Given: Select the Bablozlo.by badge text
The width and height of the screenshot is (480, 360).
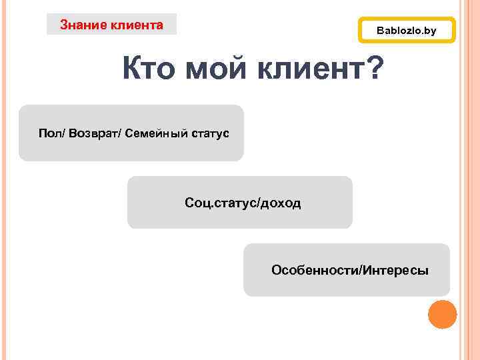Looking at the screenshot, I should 407,31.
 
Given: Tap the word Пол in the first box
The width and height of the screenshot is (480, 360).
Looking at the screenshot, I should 47,134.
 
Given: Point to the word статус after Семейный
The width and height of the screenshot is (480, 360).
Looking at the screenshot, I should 211,134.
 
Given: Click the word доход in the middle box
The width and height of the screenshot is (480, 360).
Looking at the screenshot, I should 281,203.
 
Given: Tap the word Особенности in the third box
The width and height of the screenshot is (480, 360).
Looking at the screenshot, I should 314,270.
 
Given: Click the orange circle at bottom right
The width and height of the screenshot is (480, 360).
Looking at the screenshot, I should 442,315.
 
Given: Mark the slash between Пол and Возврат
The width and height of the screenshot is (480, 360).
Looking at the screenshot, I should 59,134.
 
